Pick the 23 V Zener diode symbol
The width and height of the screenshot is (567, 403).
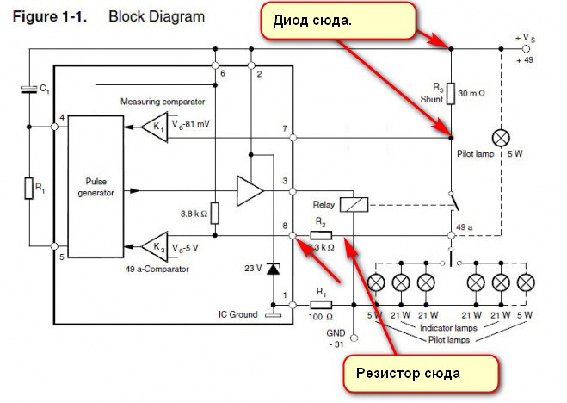pyautogui.click(x=274, y=270)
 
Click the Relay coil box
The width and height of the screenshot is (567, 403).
pyautogui.click(x=354, y=205)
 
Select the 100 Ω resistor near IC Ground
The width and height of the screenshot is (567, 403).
pyautogui.click(x=320, y=304)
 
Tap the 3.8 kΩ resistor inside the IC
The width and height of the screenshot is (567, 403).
pyautogui.click(x=215, y=213)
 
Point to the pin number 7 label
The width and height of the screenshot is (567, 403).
pyautogui.click(x=283, y=129)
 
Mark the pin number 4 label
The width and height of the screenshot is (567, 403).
pyautogui.click(x=63, y=118)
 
